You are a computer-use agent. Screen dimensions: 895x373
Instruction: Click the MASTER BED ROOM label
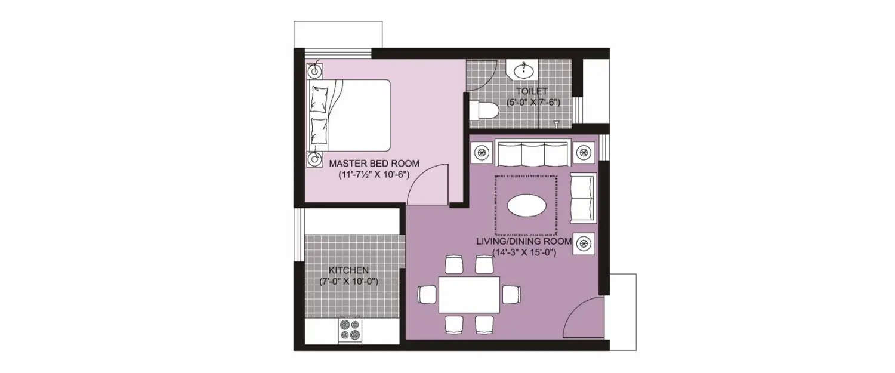374,163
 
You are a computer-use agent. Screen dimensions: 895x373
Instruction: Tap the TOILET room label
532,91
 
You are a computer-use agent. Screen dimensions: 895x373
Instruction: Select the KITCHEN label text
349,270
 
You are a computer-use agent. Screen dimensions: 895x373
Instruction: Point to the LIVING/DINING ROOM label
524,242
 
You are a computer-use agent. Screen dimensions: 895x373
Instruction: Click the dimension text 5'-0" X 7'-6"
533,102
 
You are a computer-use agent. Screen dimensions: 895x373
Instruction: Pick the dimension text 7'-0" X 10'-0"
349,282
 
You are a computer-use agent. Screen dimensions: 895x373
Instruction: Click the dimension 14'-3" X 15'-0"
524,252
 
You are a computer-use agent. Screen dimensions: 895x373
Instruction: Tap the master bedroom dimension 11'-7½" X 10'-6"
374,175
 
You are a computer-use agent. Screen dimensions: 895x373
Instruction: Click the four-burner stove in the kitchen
350,330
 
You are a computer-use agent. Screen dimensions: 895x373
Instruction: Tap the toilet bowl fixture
483,110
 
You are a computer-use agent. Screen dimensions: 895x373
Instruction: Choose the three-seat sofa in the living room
532,153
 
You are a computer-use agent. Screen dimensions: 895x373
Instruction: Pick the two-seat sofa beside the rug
583,198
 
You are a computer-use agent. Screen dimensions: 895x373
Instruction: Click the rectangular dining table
469,295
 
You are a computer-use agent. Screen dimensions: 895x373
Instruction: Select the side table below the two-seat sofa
584,243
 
